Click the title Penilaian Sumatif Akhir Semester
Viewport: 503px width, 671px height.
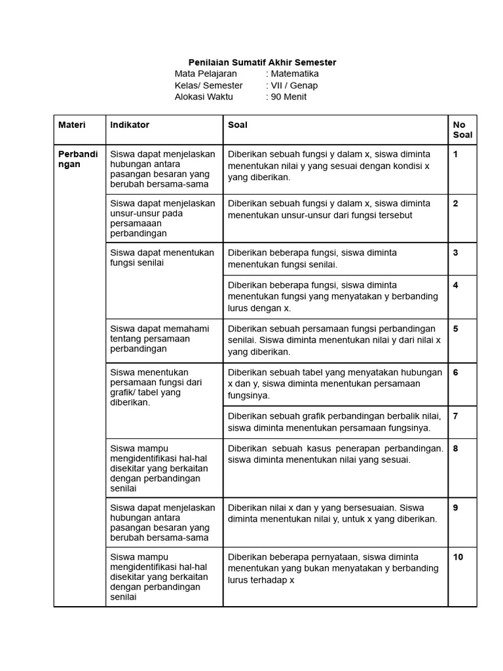(x=262, y=62)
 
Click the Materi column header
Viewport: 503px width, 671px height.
(x=72, y=125)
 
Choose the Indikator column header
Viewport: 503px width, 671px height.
(x=130, y=125)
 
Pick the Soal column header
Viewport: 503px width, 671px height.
(x=238, y=125)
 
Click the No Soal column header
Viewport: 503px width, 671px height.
(x=459, y=130)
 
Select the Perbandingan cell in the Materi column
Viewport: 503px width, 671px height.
(x=78, y=159)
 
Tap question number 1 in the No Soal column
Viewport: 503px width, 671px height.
(x=455, y=154)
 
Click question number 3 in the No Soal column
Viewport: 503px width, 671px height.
(x=455, y=252)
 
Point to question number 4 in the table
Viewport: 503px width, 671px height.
(x=455, y=285)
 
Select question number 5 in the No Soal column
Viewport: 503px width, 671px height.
(x=455, y=329)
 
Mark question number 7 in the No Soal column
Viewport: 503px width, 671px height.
(x=455, y=416)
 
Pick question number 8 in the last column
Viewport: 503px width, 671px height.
(x=455, y=449)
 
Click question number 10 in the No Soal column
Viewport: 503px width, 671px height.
(x=458, y=557)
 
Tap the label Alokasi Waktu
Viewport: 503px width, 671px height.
(x=204, y=97)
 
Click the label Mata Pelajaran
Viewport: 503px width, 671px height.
(x=206, y=74)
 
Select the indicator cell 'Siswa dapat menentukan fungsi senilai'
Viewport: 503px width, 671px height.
(x=162, y=258)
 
